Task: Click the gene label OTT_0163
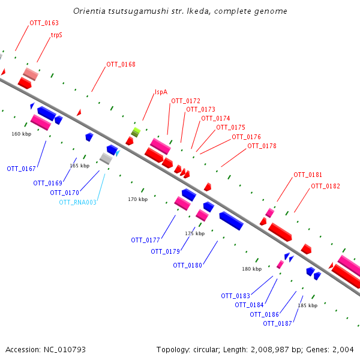(44, 23)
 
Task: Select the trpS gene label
(56, 35)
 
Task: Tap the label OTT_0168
(121, 65)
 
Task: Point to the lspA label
(161, 92)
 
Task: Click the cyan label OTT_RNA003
(77, 202)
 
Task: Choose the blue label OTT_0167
(22, 169)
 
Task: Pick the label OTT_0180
(187, 265)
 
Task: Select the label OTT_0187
(277, 324)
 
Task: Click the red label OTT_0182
(325, 186)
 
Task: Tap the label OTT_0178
(262, 146)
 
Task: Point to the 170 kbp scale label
(137, 199)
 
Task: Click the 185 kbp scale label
(308, 306)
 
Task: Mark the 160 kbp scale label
(21, 134)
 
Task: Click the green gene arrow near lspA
(136, 132)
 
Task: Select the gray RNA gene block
(106, 158)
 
